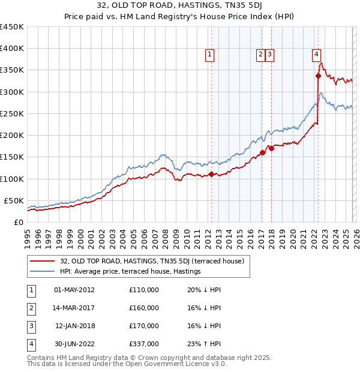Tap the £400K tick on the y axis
pos(12,49)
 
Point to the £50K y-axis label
pos(14,200)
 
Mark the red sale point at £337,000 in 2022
pos(319,76)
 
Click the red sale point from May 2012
pos(211,175)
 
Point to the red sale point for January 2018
pos(271,148)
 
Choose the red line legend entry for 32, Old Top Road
pos(152,261)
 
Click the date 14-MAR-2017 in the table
pos(74,308)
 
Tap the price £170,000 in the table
pos(144,326)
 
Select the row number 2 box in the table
pos(30,308)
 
